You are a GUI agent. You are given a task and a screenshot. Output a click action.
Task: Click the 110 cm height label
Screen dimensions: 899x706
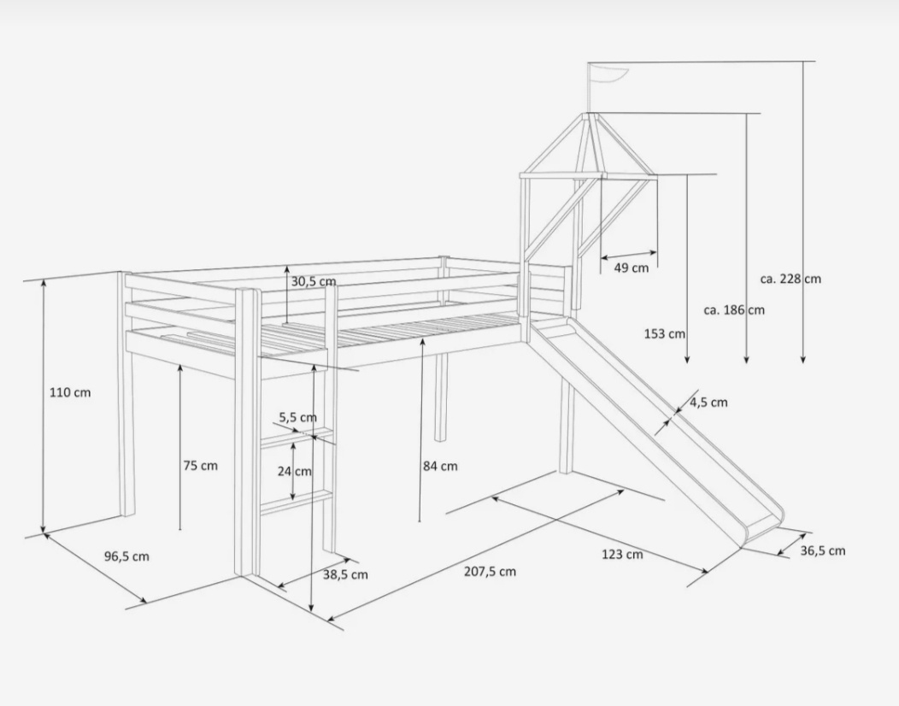coord(70,393)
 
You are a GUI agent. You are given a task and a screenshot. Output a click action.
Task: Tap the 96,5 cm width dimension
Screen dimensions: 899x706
coord(126,556)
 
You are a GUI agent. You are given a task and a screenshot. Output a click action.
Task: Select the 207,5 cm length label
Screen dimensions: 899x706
coord(490,571)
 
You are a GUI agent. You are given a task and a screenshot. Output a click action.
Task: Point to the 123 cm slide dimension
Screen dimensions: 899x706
coord(622,554)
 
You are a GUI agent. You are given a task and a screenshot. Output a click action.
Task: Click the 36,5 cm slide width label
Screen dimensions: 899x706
coord(823,550)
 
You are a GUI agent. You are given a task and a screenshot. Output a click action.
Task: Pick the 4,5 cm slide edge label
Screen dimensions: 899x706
coord(708,403)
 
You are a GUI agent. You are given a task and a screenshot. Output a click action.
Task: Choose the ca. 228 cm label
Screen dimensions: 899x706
coord(790,279)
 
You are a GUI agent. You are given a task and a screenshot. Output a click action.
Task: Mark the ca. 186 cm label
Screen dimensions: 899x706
coord(734,309)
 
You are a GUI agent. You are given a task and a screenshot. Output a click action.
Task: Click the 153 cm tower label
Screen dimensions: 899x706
coord(665,333)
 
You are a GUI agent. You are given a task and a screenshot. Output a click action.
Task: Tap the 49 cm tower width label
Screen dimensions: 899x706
coord(632,268)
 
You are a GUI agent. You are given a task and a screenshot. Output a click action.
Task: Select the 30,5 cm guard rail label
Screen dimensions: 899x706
coord(314,281)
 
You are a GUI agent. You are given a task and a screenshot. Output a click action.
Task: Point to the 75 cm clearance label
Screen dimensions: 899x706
coord(201,466)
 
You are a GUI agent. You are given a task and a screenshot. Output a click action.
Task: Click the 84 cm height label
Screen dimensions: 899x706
coord(440,467)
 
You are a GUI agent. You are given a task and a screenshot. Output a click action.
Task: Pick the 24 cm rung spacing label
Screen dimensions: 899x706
coord(295,472)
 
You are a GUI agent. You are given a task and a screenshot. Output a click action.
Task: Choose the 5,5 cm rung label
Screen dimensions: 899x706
coord(297,417)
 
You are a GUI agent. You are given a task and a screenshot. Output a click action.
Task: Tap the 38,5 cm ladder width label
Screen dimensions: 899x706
coord(345,574)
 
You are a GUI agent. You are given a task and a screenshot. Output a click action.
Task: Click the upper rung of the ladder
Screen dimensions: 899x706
coord(297,436)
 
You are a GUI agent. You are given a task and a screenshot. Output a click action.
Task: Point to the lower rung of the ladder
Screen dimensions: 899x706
coord(297,500)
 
